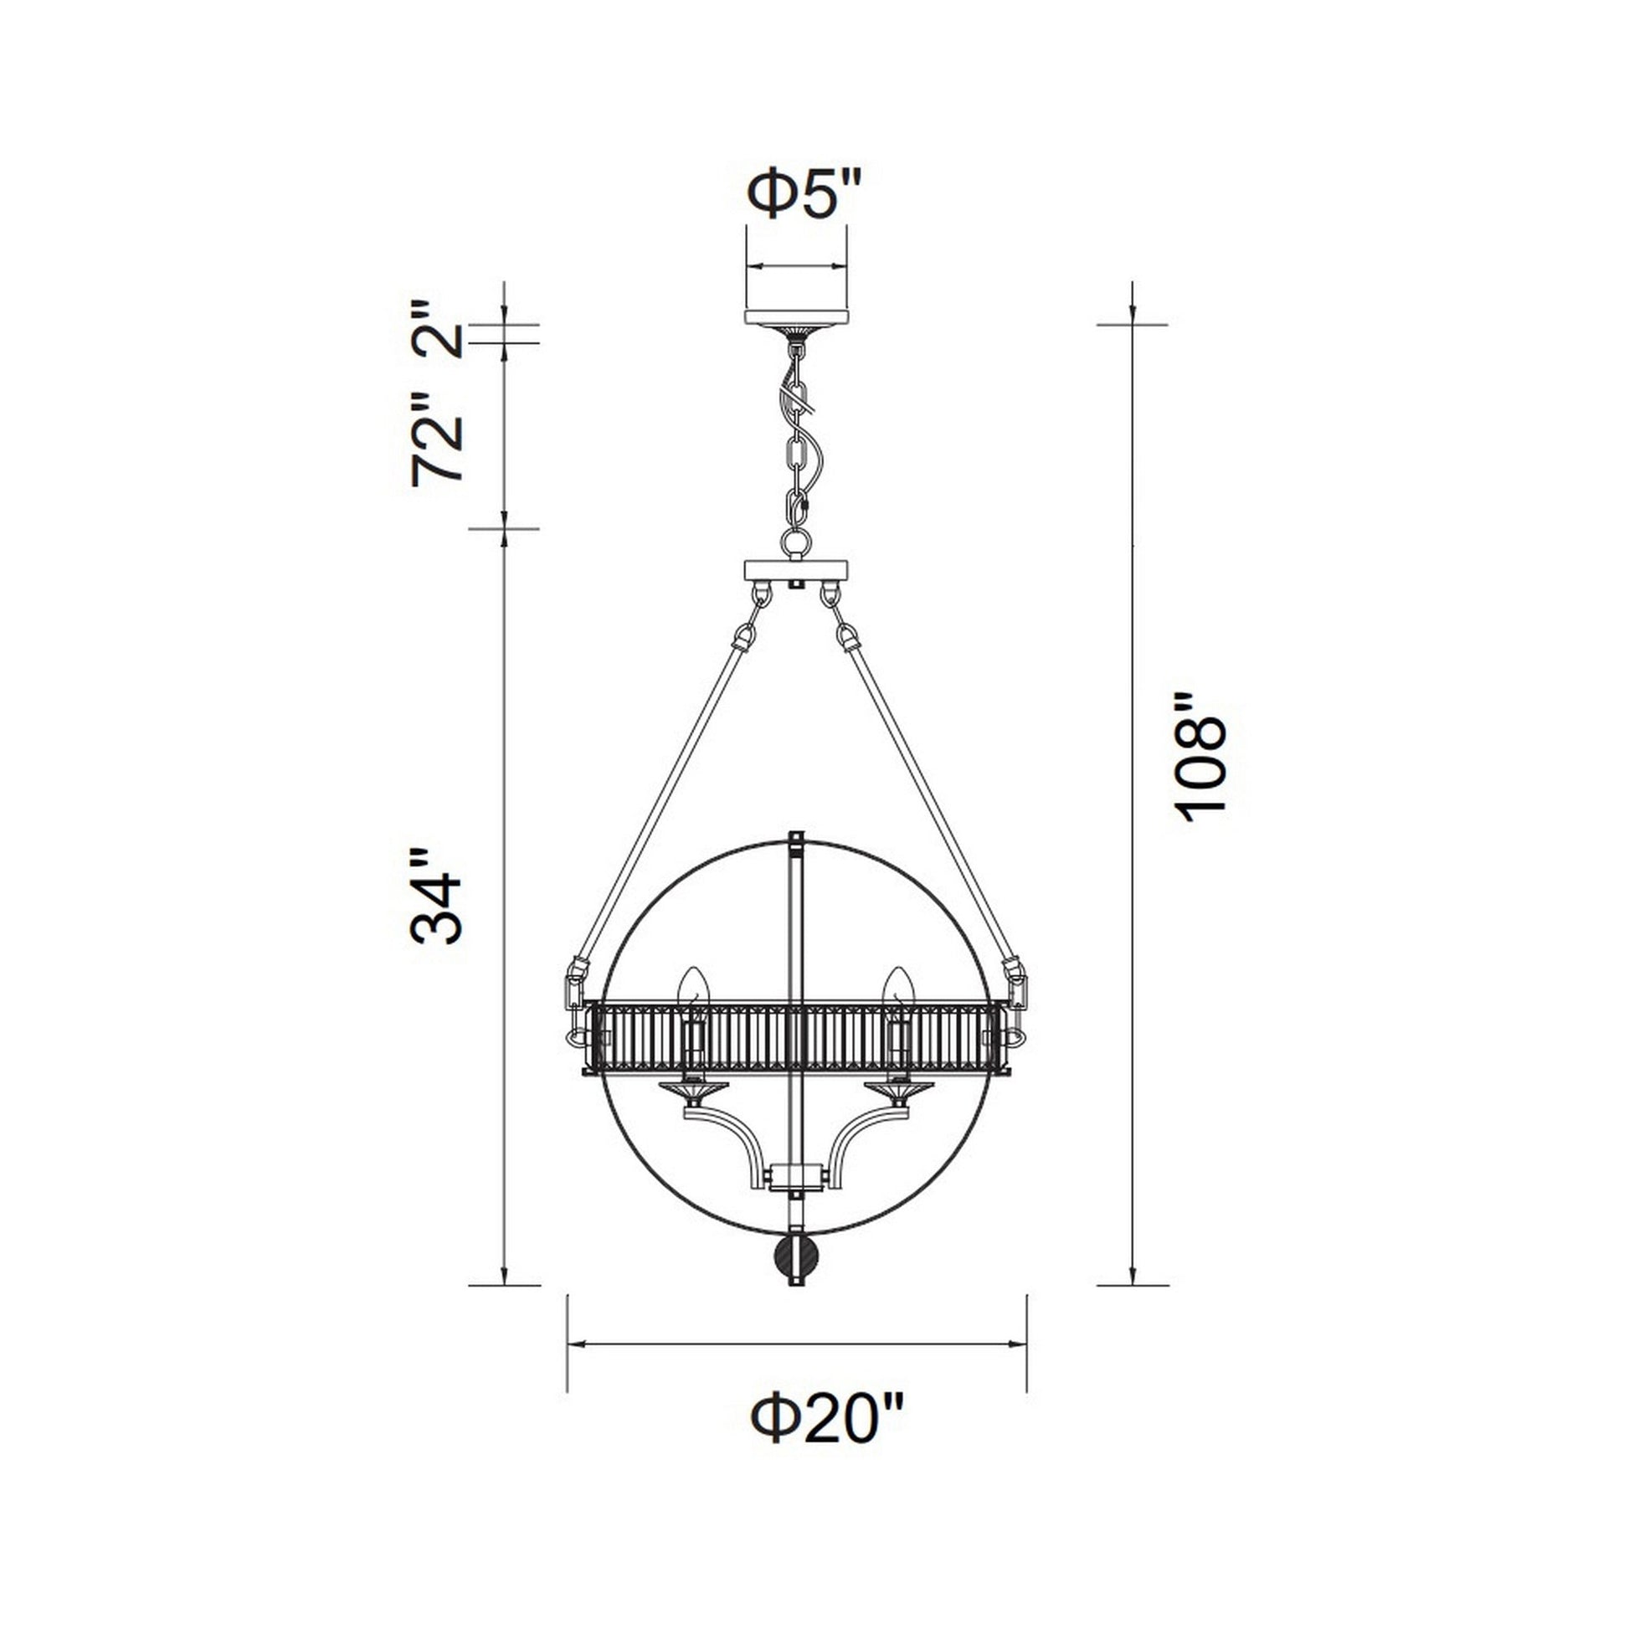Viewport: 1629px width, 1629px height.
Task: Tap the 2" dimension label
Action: pyautogui.click(x=438, y=331)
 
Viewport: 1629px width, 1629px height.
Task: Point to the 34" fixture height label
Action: pyautogui.click(x=436, y=897)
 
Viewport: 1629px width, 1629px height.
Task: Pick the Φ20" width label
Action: pyautogui.click(x=827, y=1420)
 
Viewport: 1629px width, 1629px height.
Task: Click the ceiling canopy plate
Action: pyautogui.click(x=796, y=316)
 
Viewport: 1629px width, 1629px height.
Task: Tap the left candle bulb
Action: pyautogui.click(x=693, y=987)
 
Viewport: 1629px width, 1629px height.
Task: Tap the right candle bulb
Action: pyautogui.click(x=898, y=987)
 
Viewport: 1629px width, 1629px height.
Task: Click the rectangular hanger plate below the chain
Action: pyautogui.click(x=796, y=571)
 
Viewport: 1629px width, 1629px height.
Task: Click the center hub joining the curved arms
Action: pyautogui.click(x=796, y=1174)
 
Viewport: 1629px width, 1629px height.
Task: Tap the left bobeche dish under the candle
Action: pyautogui.click(x=693, y=1090)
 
